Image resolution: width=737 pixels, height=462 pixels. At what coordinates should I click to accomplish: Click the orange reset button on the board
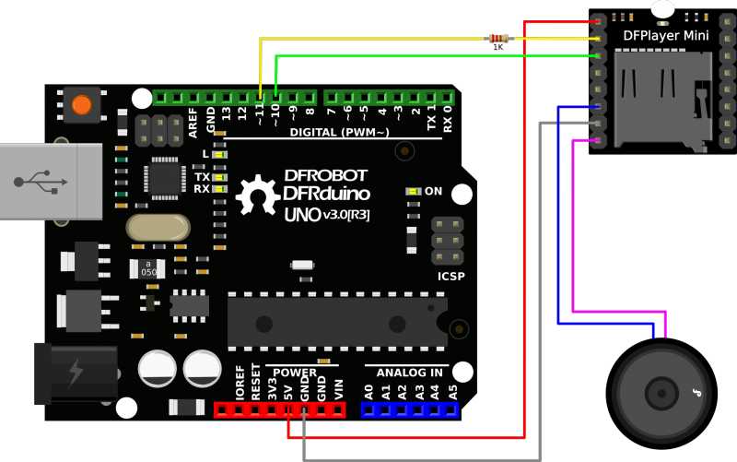tap(82, 104)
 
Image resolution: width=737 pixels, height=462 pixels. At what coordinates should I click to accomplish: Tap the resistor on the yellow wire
tap(497, 39)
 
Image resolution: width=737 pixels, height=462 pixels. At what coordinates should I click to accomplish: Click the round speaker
tap(662, 393)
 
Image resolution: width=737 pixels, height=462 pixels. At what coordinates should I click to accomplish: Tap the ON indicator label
tap(433, 191)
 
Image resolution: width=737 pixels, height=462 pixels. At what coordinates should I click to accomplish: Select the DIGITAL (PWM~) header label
tap(340, 133)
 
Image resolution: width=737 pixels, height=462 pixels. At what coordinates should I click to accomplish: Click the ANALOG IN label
tap(413, 372)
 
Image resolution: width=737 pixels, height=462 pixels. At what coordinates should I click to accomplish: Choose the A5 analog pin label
tap(451, 391)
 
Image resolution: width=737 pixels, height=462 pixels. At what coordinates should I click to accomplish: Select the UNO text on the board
tap(300, 214)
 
